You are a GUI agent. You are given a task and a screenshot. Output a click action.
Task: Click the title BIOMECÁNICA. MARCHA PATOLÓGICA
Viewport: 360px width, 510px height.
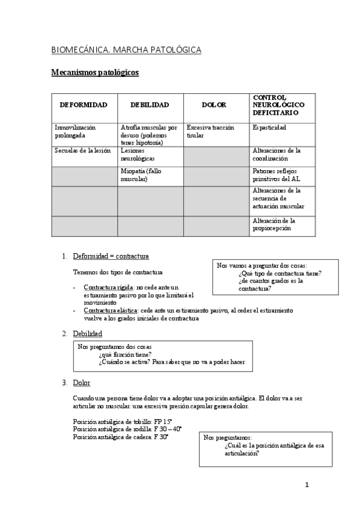pyautogui.click(x=126, y=50)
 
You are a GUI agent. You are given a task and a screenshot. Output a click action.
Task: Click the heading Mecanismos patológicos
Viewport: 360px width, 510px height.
pyautogui.click(x=95, y=73)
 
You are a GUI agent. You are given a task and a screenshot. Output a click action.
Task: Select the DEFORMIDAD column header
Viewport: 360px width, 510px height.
pyautogui.click(x=84, y=105)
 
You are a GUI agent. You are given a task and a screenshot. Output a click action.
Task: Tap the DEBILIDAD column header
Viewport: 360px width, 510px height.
pyautogui.click(x=150, y=105)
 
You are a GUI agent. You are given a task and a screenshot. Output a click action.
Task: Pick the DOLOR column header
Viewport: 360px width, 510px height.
pyautogui.click(x=215, y=105)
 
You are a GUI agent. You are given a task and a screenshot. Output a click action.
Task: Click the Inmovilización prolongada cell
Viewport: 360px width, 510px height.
pyautogui.click(x=75, y=131)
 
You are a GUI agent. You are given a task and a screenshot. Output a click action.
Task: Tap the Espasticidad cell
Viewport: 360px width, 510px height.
pyautogui.click(x=270, y=127)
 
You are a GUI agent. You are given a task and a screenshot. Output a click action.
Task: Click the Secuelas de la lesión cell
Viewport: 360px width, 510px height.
pyautogui.click(x=83, y=150)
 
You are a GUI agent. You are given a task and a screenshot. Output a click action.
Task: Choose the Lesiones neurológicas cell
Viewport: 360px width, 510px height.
pyautogui.click(x=138, y=155)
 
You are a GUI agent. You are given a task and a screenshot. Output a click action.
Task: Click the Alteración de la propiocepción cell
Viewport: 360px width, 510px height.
pyautogui.click(x=274, y=224)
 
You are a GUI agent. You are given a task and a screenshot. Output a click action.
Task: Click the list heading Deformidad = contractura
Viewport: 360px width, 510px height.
pyautogui.click(x=111, y=256)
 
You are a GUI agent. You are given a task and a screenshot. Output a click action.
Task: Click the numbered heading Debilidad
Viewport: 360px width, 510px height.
pyautogui.click(x=87, y=333)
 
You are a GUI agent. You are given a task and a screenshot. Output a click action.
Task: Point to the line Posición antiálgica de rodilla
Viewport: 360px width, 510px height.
pyautogui.click(x=127, y=429)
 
